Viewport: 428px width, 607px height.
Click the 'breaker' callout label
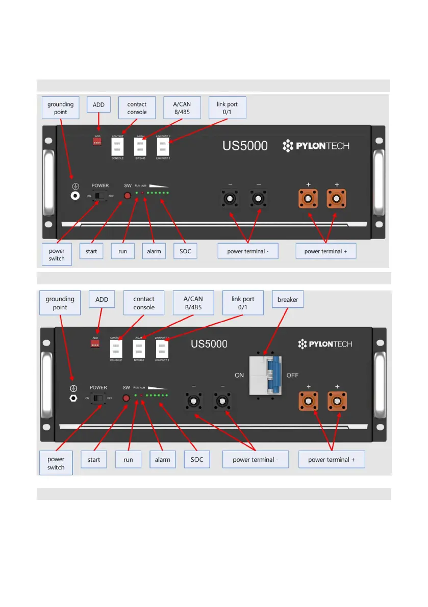point(288,300)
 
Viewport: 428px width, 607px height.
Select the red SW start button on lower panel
point(127,398)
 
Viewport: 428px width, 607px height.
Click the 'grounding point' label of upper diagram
point(61,108)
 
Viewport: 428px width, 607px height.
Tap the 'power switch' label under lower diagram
point(56,463)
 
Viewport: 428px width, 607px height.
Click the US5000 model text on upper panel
point(245,146)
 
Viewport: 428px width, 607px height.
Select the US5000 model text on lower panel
point(209,344)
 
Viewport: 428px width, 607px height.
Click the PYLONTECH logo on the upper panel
point(316,146)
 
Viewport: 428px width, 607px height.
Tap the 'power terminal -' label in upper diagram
point(248,251)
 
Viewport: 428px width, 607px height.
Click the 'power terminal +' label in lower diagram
point(332,460)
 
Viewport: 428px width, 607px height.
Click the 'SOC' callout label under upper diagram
point(185,251)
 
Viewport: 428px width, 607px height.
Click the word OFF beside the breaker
point(292,375)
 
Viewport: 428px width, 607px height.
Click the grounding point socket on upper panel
point(74,196)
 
